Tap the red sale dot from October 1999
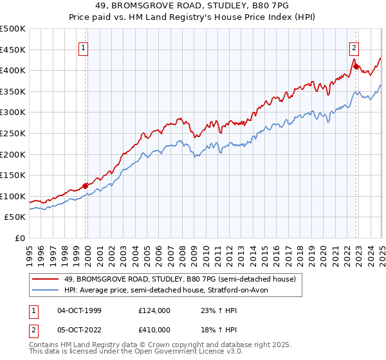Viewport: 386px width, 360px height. coord(85,186)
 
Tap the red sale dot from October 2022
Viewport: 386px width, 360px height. coord(356,66)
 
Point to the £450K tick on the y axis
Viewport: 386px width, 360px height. coord(13,50)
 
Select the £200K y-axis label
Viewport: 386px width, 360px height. coord(13,154)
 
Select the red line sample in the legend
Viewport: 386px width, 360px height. coord(46,279)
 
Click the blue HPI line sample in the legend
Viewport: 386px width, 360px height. coord(46,291)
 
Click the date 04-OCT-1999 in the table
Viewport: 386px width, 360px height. coord(79,310)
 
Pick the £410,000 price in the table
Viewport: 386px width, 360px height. coord(154,331)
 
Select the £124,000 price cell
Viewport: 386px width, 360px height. coord(154,310)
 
